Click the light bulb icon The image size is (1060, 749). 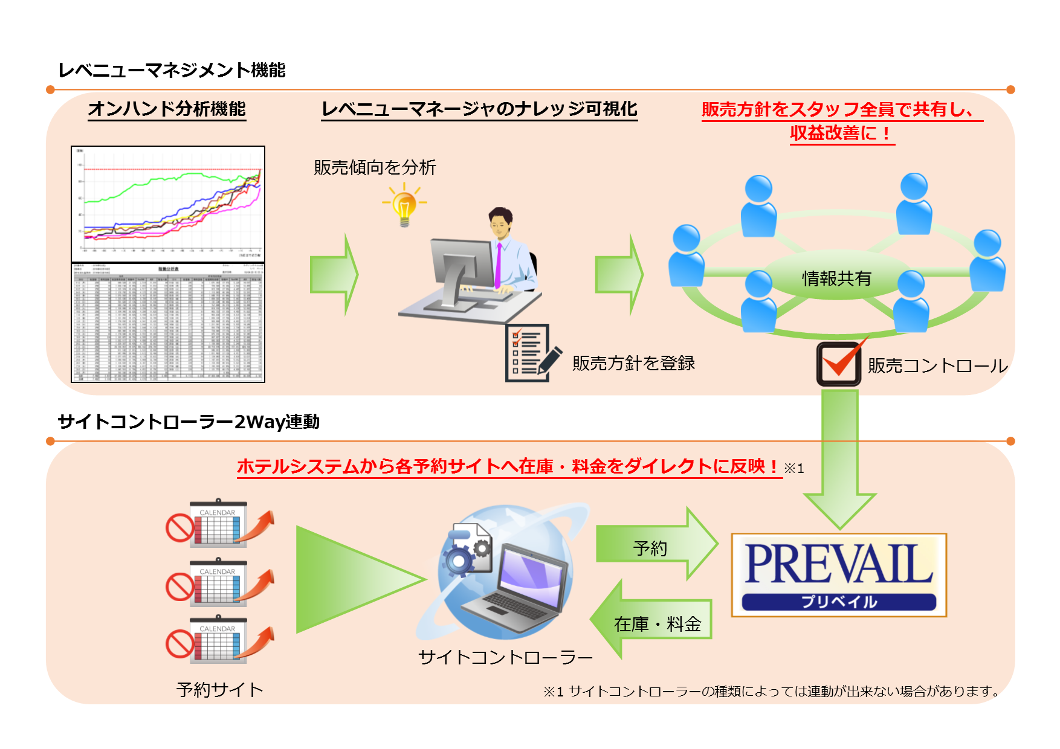click(404, 207)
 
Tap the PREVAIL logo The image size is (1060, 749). click(838, 574)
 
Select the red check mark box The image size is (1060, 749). click(839, 364)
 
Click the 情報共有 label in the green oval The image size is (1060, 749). click(836, 278)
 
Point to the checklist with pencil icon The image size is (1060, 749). click(531, 353)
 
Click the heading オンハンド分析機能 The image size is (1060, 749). click(167, 109)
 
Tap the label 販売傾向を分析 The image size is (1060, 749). click(375, 167)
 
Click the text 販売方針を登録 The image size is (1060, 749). click(633, 363)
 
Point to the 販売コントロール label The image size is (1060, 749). click(937, 365)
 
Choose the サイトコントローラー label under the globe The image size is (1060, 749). click(505, 657)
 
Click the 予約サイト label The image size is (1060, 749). click(220, 689)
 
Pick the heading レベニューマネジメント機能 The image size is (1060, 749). click(172, 70)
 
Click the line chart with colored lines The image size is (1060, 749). click(168, 204)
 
